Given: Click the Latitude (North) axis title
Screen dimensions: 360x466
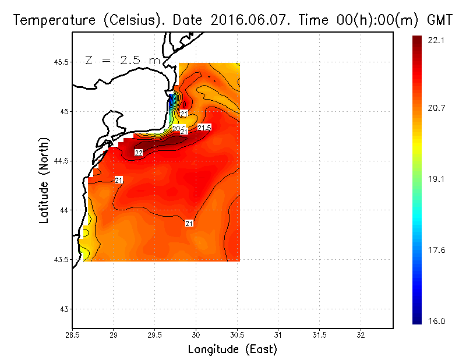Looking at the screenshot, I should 44,179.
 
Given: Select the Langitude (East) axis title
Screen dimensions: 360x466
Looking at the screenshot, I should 232,350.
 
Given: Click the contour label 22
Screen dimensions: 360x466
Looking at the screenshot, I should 139,153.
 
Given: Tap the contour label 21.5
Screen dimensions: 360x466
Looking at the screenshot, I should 204,128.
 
